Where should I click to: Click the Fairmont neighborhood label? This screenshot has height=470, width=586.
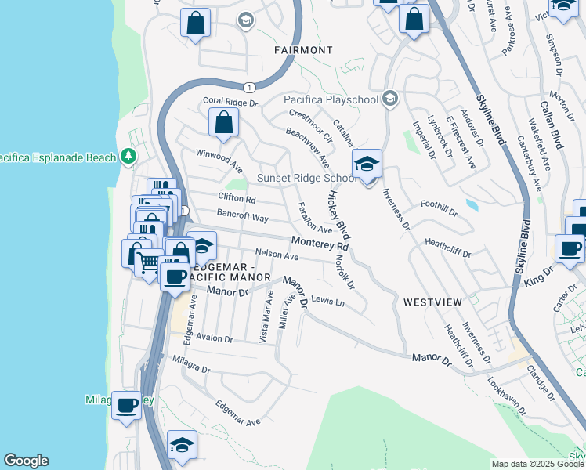[x=303, y=50]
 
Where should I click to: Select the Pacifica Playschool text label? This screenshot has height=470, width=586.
[x=331, y=99]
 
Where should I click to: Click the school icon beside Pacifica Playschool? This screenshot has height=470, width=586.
[x=390, y=99]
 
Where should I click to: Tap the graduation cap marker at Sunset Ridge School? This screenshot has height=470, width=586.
[x=367, y=164]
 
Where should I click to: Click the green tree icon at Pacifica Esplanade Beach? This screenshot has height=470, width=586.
[x=128, y=157]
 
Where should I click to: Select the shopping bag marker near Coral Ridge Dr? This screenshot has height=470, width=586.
[x=224, y=123]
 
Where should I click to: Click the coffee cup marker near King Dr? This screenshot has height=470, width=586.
[x=569, y=248]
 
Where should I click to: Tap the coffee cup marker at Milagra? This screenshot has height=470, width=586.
[x=126, y=406]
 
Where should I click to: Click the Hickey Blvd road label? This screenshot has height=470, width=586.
[x=339, y=214]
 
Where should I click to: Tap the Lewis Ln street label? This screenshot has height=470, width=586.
[x=327, y=300]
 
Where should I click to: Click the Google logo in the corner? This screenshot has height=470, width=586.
[x=26, y=461]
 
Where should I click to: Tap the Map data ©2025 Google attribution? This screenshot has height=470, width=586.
[x=537, y=464]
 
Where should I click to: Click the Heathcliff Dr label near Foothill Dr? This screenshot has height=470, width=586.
[x=447, y=248]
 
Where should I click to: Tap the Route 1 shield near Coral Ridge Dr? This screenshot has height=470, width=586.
[x=249, y=87]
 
